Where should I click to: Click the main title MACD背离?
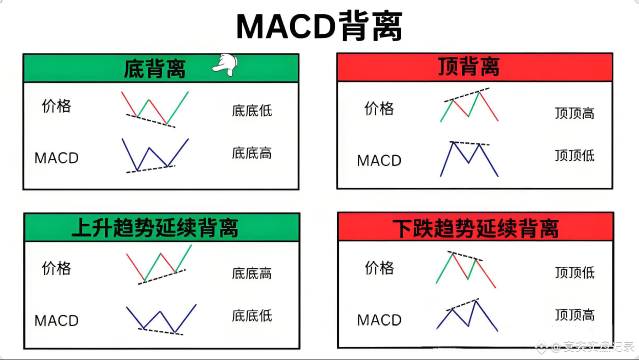[x=319, y=26]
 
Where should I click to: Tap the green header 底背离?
[x=154, y=69]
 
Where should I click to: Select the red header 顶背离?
[x=468, y=66]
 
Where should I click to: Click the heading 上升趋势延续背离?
[x=155, y=227]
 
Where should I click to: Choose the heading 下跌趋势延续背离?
[x=475, y=227]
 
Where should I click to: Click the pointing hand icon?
[x=225, y=65]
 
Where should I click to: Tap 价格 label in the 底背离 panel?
[x=56, y=106]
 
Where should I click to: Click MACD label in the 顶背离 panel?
[x=379, y=160]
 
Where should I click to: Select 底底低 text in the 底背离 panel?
[x=252, y=110]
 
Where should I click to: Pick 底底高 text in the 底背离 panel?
[x=252, y=152]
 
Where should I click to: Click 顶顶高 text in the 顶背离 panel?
[x=574, y=113]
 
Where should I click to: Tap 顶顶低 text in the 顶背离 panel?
[x=574, y=155]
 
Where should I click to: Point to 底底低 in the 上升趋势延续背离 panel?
[x=252, y=315]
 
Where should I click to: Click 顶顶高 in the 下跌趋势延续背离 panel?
[x=574, y=315]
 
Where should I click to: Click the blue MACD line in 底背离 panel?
[x=129, y=155]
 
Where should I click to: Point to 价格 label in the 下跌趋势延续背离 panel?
[x=379, y=268]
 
